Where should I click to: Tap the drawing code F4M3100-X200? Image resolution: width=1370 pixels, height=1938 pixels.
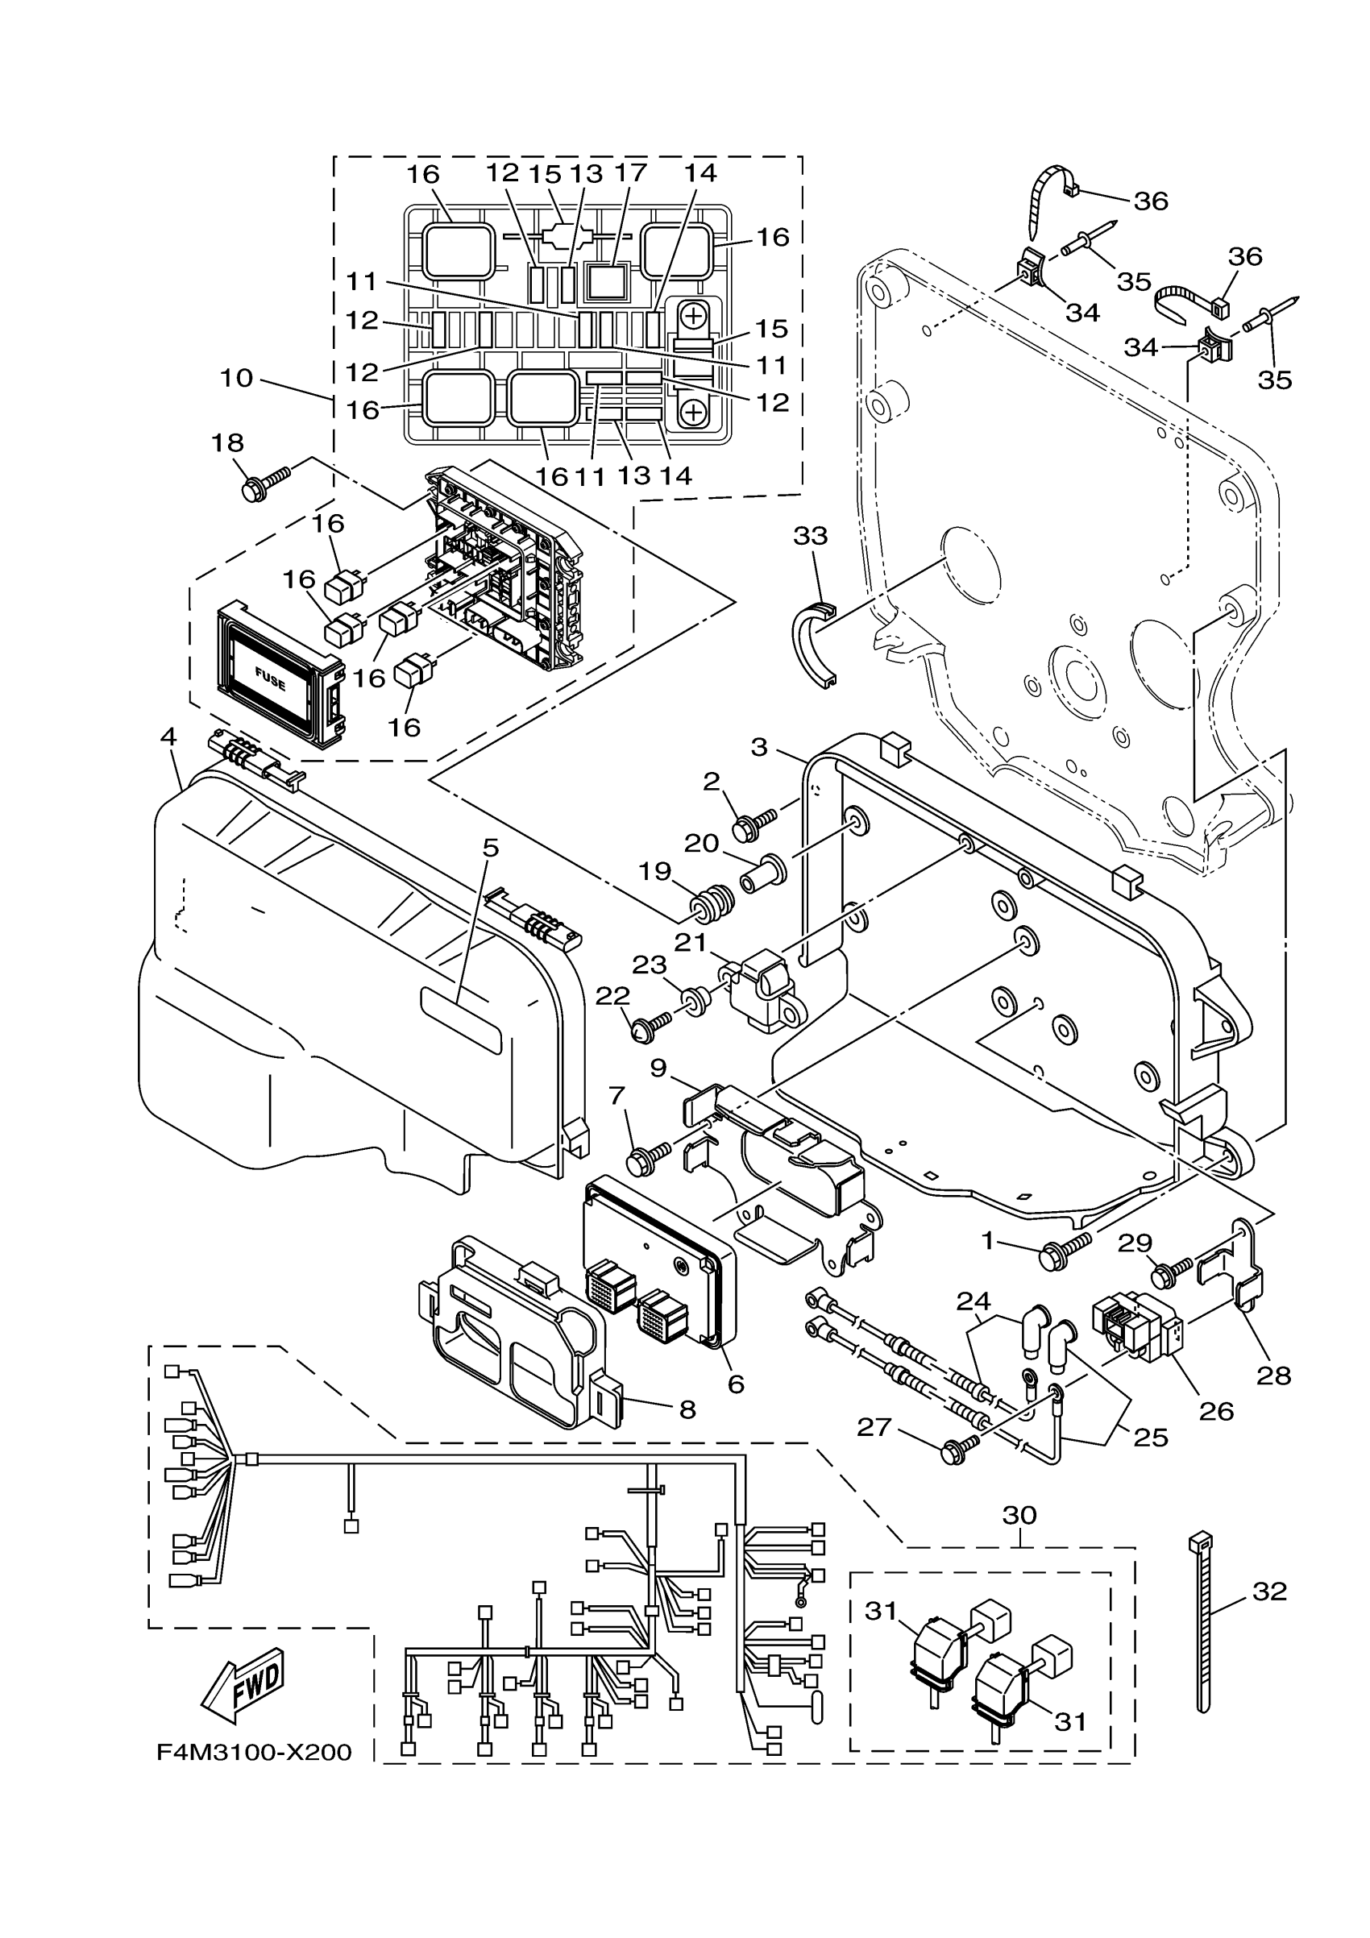[x=254, y=1753]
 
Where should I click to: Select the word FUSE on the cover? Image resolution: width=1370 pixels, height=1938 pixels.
[x=270, y=678]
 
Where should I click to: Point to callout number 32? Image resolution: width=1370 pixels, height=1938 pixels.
[x=1268, y=1591]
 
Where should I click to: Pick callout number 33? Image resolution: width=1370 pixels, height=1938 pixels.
[x=812, y=535]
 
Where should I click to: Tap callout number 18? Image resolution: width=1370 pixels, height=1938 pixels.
[x=227, y=442]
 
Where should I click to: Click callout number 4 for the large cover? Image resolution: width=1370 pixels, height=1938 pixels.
[x=168, y=737]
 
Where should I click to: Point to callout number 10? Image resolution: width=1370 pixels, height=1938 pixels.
[x=236, y=377]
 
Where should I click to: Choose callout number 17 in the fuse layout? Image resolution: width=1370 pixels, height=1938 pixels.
[x=631, y=172]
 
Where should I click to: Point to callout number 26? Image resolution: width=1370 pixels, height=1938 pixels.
[x=1216, y=1410]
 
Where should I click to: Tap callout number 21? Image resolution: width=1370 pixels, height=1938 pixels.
[x=690, y=941]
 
